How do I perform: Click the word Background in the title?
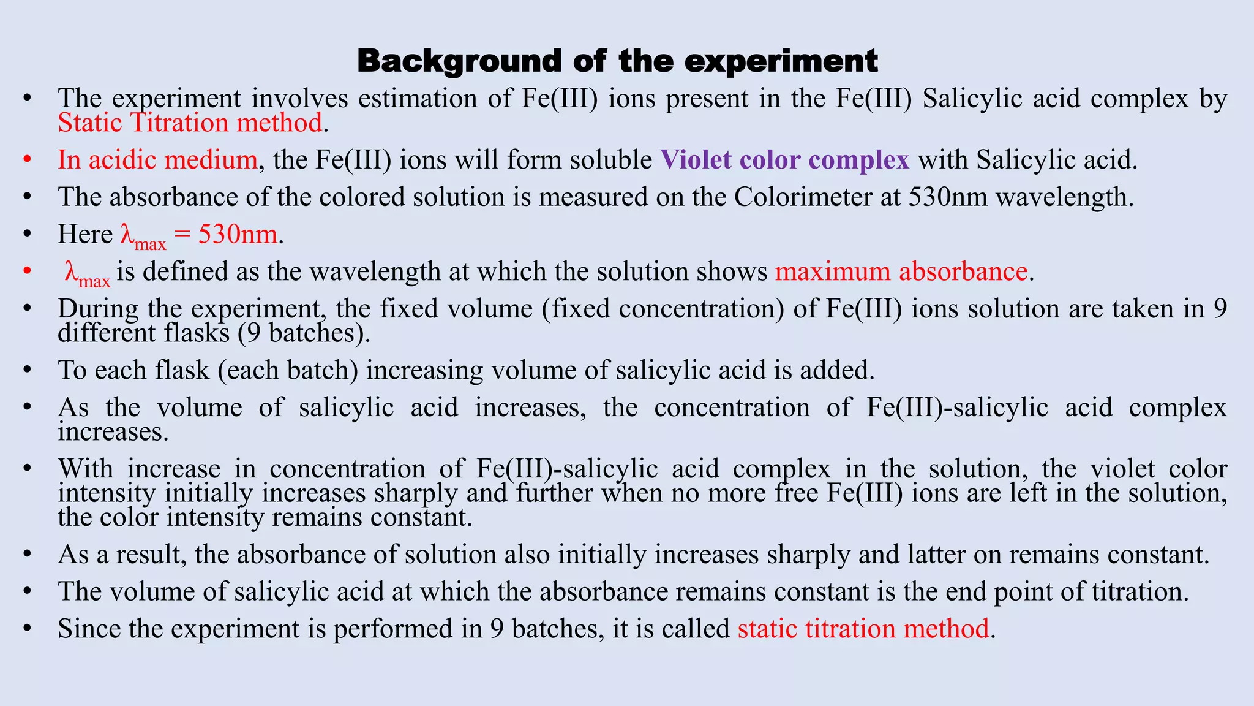pos(459,61)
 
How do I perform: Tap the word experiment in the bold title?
pos(781,61)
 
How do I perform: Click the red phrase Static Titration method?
pos(190,123)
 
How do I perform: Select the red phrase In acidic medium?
pos(157,160)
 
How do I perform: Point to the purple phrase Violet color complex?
pos(784,160)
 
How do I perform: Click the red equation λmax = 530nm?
pos(199,236)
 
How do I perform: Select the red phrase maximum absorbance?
pos(901,271)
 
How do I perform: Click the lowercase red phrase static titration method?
pos(863,629)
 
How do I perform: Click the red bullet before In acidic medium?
pos(26,160)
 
